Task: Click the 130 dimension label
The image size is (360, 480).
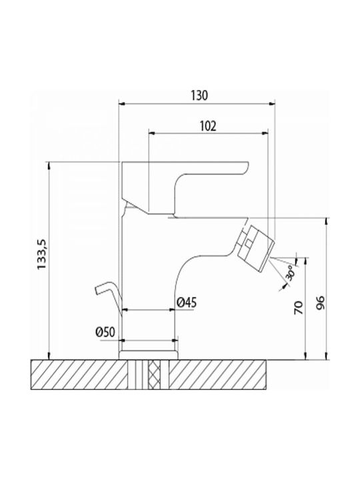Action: pyautogui.click(x=199, y=95)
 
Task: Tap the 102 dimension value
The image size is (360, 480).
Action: pyautogui.click(x=208, y=126)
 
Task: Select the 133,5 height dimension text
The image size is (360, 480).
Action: pyautogui.click(x=41, y=255)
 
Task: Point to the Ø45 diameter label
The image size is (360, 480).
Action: pyautogui.click(x=187, y=303)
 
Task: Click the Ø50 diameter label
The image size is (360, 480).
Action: pyautogui.click(x=105, y=332)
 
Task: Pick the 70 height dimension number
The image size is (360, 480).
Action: pyautogui.click(x=299, y=307)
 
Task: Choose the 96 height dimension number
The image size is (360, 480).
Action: pyautogui.click(x=320, y=303)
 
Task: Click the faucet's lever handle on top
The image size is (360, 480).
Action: pyautogui.click(x=185, y=187)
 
